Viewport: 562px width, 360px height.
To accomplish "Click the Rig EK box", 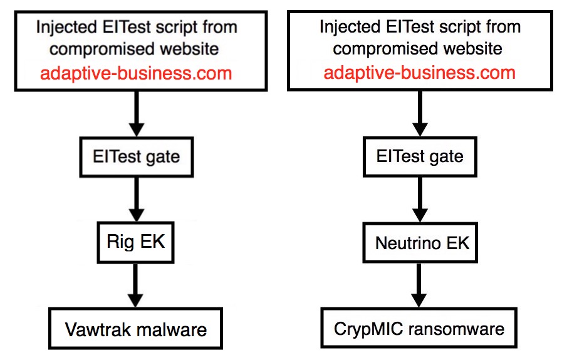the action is coord(135,242).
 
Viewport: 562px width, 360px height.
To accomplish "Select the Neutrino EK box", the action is coord(420,242).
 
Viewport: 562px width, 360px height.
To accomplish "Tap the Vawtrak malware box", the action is coord(135,328).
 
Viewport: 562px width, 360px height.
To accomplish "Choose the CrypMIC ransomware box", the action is coord(419,327).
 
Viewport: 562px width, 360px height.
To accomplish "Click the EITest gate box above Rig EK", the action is coord(136,157).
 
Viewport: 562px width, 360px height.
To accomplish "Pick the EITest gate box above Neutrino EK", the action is coord(420,157).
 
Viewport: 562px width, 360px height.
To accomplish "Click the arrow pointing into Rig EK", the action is coord(136,200).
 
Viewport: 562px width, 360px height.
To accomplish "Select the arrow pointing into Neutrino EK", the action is coord(420,200).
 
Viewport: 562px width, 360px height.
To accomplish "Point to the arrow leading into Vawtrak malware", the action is coord(135,285).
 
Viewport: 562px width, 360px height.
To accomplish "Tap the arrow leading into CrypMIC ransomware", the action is coord(419,285).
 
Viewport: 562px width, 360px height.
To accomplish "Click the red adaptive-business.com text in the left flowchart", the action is coord(136,73).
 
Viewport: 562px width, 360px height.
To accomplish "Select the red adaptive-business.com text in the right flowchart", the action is coord(419,73).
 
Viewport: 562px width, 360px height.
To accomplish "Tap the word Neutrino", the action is coord(408,243).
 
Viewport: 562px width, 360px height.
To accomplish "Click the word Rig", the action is coord(120,242).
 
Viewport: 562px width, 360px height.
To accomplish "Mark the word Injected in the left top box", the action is coord(66,28).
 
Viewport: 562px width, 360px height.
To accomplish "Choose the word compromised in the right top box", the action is coord(385,49).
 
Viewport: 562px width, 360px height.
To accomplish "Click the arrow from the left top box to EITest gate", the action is coord(137,114).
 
